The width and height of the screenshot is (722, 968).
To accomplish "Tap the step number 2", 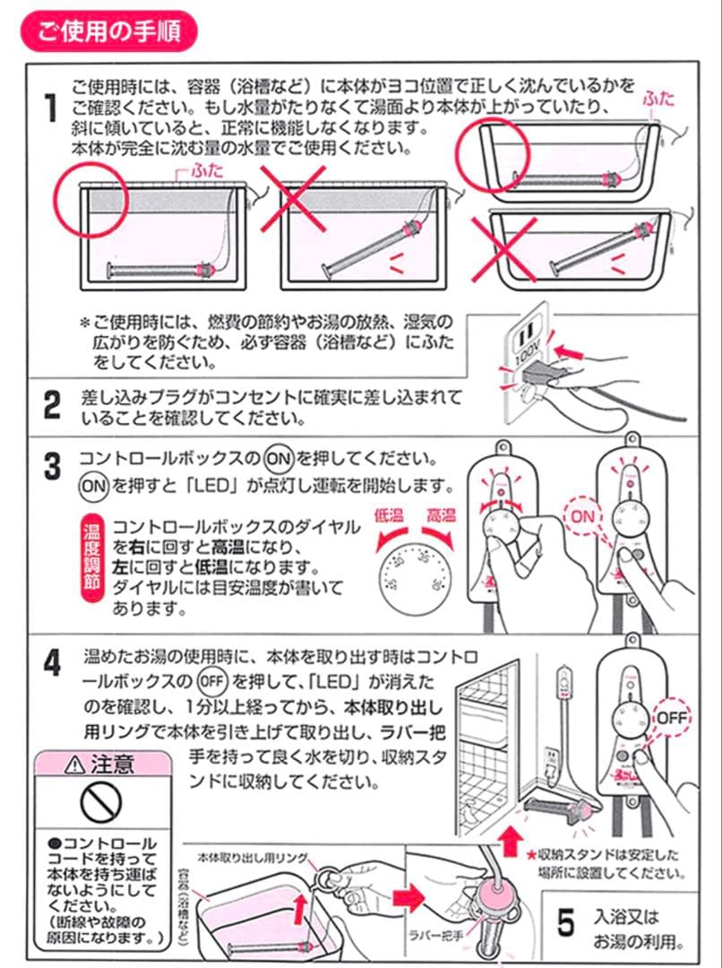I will coord(53,406).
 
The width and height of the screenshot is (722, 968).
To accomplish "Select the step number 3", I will coord(53,467).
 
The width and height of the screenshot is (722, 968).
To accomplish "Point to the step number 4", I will coord(53,663).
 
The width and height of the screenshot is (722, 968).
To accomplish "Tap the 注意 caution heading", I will coord(101,765).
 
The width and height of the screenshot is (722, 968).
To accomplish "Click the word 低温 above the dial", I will coord(389,515).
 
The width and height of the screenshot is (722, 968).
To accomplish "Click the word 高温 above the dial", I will coord(440,515).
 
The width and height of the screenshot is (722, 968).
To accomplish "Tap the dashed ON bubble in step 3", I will coord(582,517).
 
